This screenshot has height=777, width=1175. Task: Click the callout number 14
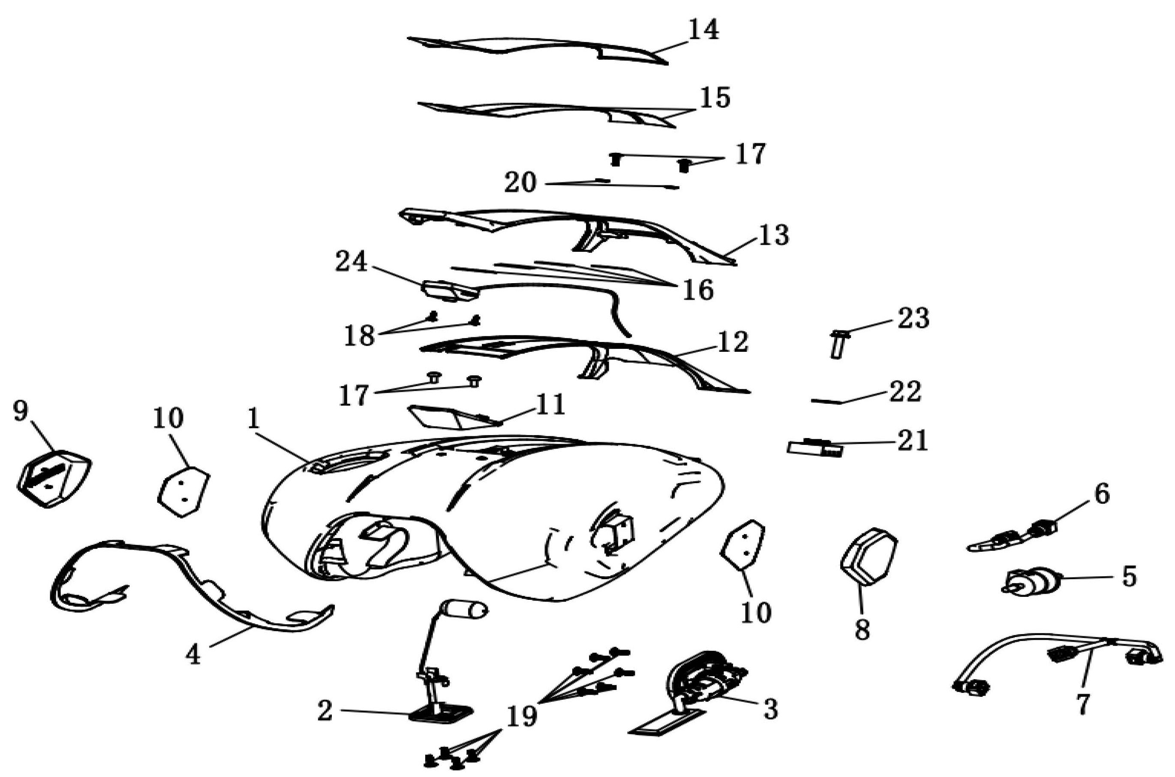[703, 31]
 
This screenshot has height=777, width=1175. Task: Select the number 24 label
[351, 262]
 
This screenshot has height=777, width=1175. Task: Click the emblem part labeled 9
[54, 478]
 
